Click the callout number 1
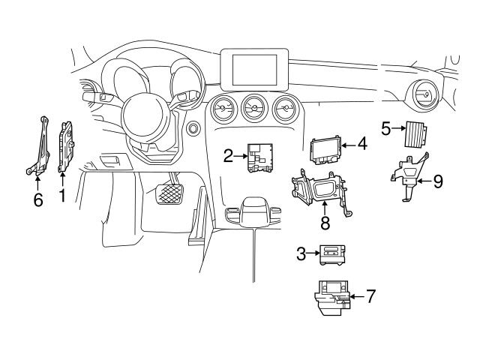(62, 198)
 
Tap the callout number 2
(227, 156)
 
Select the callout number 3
(301, 253)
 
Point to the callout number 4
(361, 142)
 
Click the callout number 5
(385, 128)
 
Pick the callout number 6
(38, 199)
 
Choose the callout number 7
(371, 295)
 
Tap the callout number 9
(438, 181)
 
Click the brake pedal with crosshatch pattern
(169, 196)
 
